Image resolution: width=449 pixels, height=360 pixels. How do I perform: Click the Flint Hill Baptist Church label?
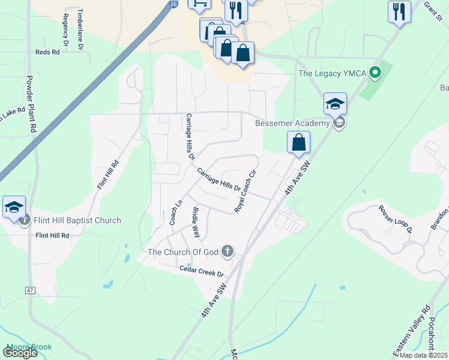pyautogui.click(x=77, y=220)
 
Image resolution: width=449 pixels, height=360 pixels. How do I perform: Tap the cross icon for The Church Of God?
pyautogui.click(x=227, y=251)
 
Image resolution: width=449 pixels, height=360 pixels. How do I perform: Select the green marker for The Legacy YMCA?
pyautogui.click(x=376, y=74)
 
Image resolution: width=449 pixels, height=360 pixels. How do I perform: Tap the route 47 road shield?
pyautogui.click(x=30, y=290)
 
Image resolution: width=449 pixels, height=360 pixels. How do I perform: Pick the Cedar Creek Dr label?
pyautogui.click(x=202, y=271)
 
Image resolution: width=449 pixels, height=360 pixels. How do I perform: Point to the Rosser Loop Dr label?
pyautogui.click(x=396, y=219)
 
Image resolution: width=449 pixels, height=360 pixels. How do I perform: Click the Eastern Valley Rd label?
pyautogui.click(x=411, y=331)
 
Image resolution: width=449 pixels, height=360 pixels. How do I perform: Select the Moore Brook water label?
pyautogui.click(x=29, y=347)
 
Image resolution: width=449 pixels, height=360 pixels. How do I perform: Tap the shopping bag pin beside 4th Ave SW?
pyautogui.click(x=298, y=143)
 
